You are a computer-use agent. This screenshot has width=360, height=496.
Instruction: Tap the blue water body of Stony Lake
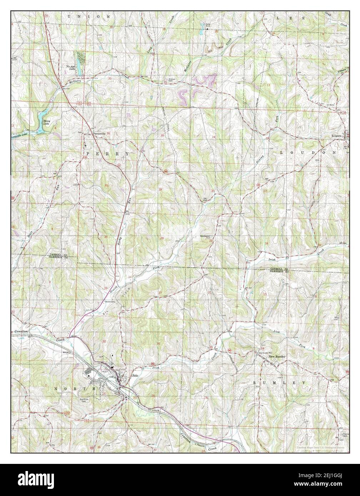[40, 116]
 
